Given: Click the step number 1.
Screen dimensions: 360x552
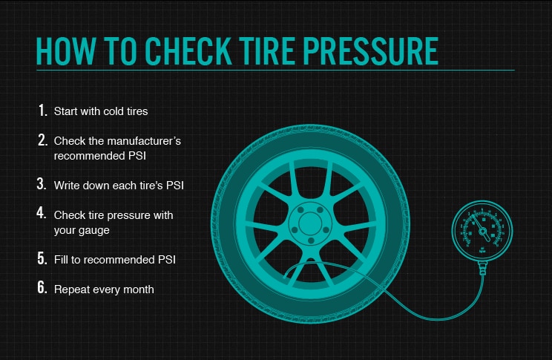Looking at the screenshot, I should tap(42, 111).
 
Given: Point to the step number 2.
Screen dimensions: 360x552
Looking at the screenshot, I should tap(42, 140).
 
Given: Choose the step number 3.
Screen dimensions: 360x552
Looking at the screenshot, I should tap(42, 183).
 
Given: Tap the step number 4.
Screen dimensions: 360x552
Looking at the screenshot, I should tap(42, 214).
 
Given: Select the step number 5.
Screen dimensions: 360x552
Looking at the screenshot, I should tap(42, 259).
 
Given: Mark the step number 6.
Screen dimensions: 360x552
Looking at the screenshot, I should tap(42, 288).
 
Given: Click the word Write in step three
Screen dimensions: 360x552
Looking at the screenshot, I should tap(68, 184).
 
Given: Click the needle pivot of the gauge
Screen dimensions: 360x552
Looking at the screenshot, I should tap(483, 231).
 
